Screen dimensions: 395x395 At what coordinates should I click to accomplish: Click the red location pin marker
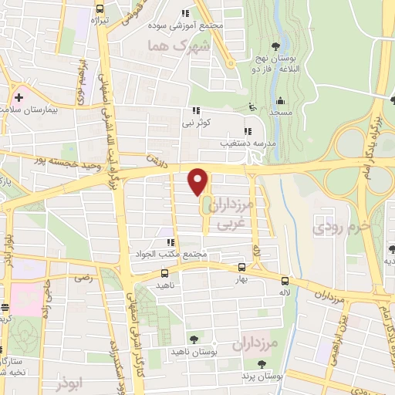pyautogui.click(x=198, y=181)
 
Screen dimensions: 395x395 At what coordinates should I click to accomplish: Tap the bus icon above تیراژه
pyautogui.click(x=99, y=11)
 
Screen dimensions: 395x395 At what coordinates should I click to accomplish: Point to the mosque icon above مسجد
pyautogui.click(x=280, y=101)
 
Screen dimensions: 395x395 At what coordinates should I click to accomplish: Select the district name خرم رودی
pyautogui.click(x=335, y=228)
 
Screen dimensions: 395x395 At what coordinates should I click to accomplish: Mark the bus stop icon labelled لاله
pyautogui.click(x=285, y=282)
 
